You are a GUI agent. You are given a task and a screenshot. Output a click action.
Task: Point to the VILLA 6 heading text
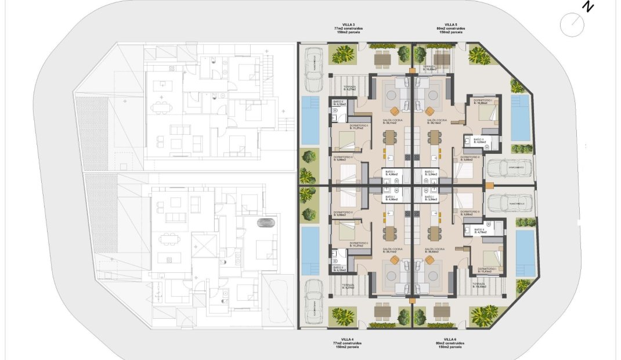click(x=450, y=339)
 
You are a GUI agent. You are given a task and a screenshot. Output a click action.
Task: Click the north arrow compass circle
click(x=572, y=24)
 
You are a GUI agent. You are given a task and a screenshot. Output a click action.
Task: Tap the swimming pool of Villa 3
click(x=311, y=120)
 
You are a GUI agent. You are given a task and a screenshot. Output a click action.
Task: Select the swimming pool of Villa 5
click(x=520, y=117)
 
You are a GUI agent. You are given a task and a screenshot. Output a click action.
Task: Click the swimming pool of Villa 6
click(x=525, y=253)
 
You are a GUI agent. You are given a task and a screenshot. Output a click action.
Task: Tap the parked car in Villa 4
click(x=314, y=300)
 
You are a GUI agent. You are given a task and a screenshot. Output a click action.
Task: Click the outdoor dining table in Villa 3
click(x=382, y=58)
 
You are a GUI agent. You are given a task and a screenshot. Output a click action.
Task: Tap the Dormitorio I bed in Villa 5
click(x=486, y=113)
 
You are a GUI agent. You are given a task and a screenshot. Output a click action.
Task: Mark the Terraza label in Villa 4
click(x=348, y=286)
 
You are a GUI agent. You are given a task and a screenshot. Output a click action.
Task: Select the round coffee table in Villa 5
click(x=430, y=111)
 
